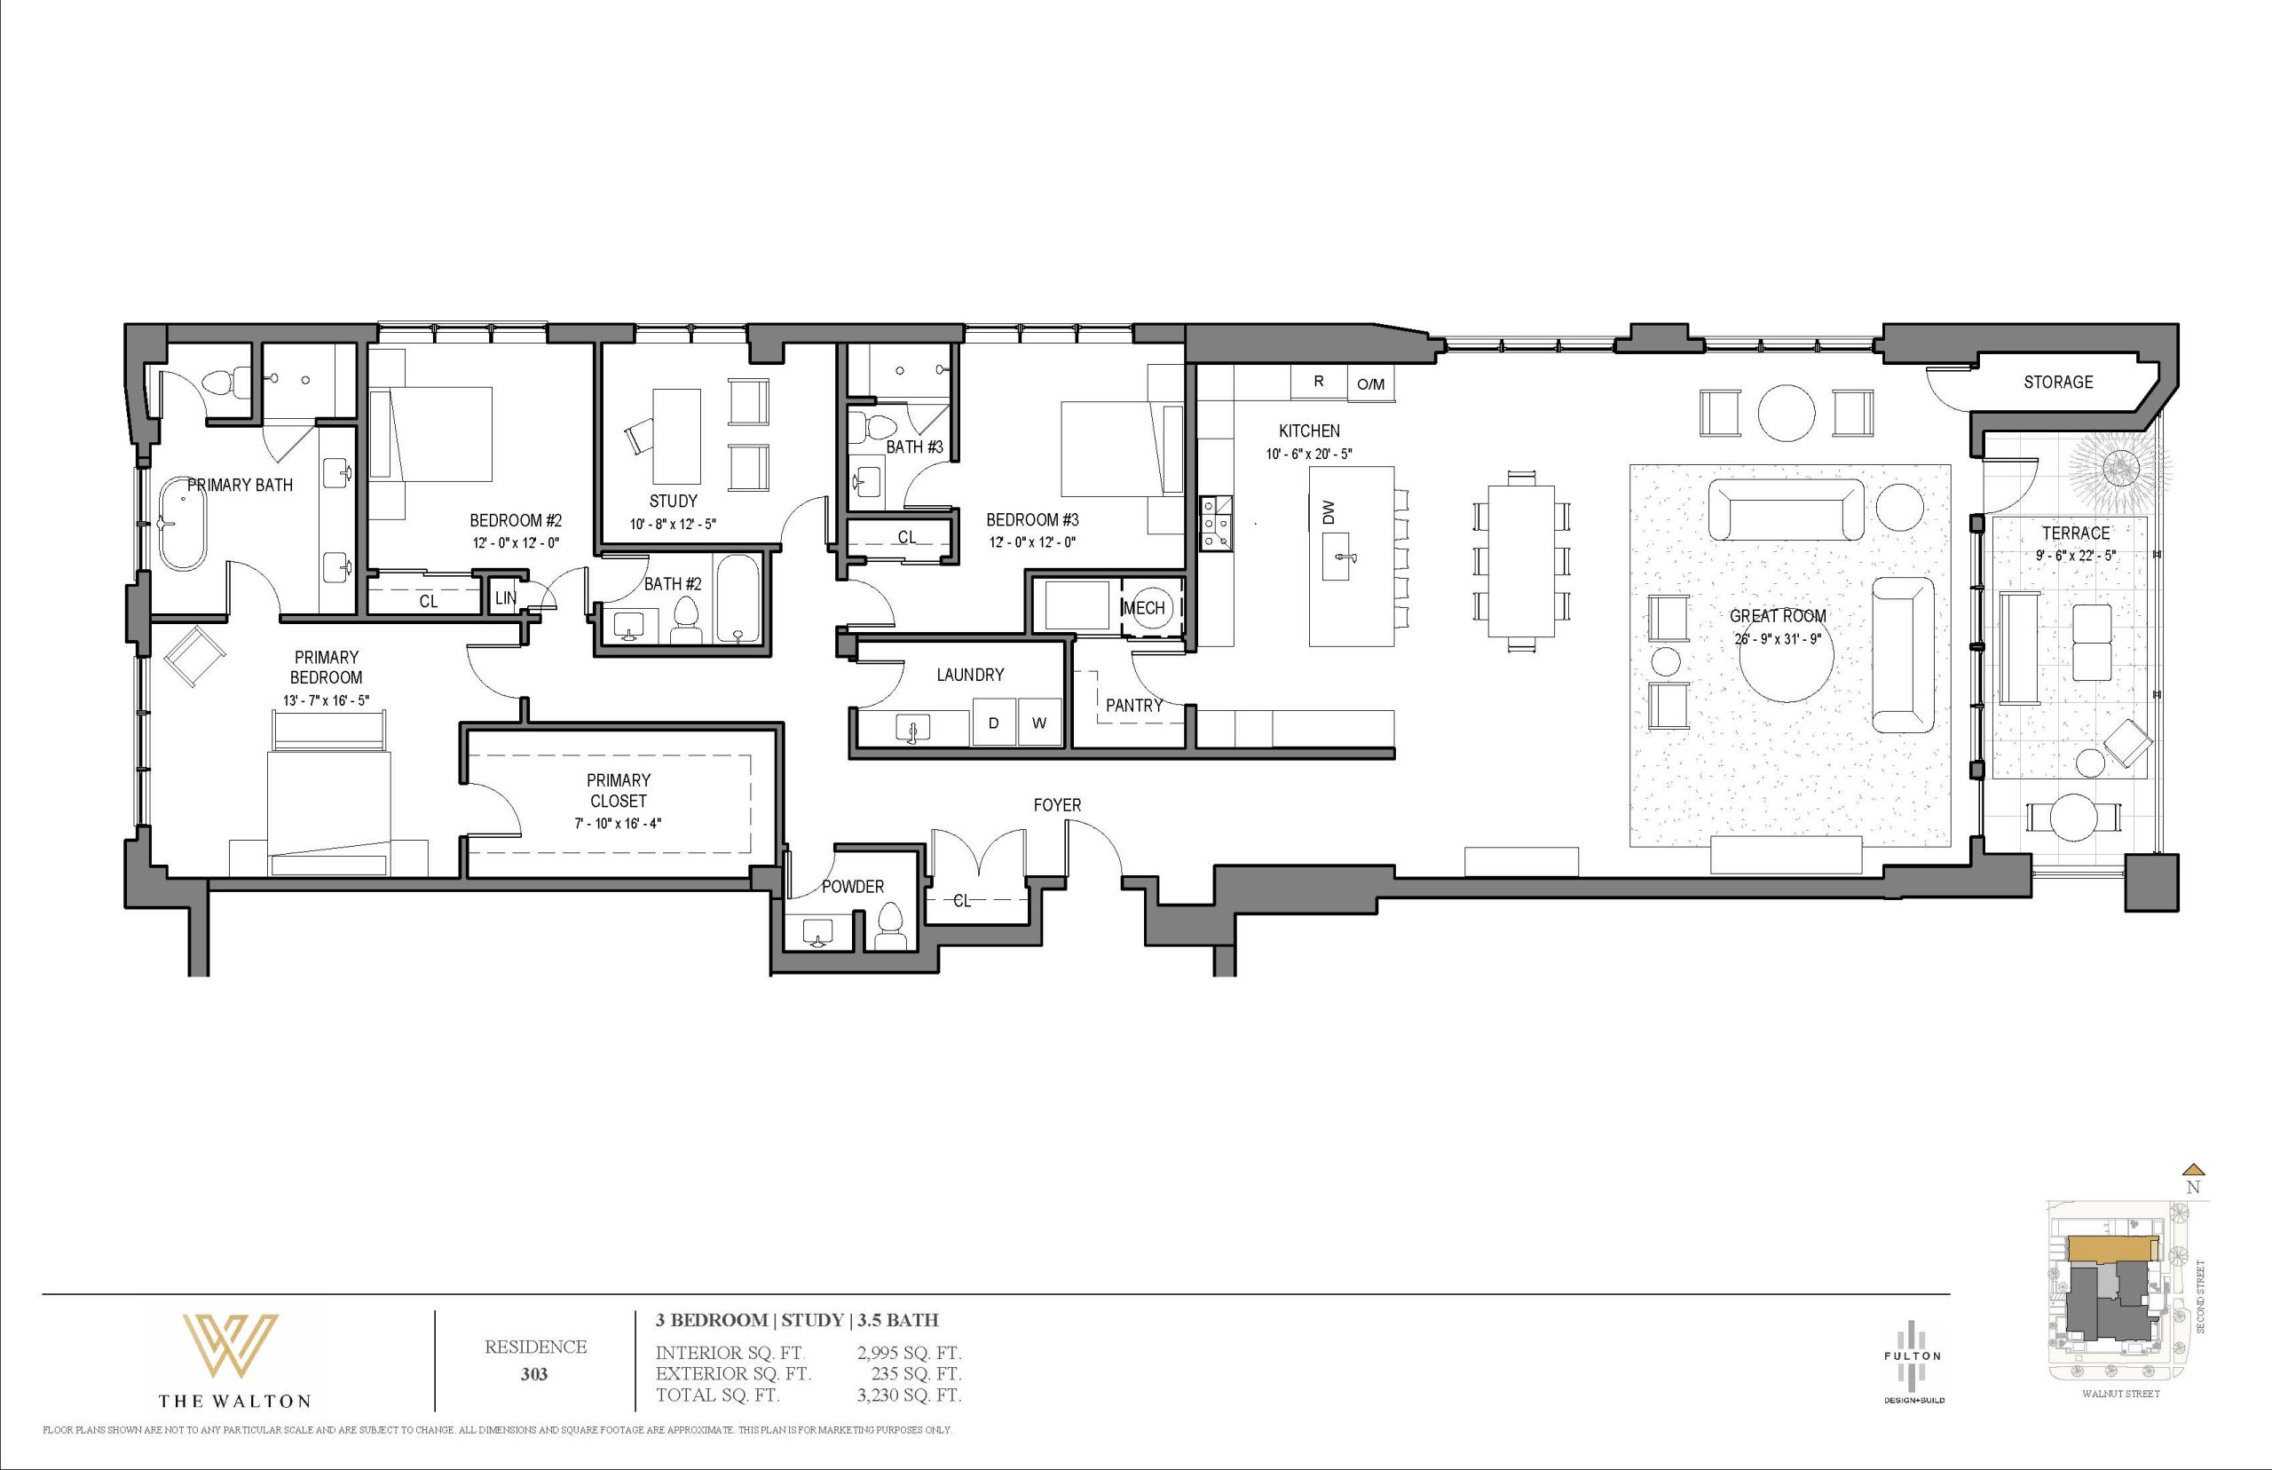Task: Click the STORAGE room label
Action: point(2058,382)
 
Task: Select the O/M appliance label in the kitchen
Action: point(1370,383)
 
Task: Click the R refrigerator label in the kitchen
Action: point(1319,381)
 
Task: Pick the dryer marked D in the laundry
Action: point(993,723)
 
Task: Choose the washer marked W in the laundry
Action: point(1039,723)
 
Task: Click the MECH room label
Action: point(1143,608)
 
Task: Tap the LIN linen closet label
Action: point(505,598)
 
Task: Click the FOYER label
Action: point(1057,806)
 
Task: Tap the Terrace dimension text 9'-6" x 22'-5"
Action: point(2076,555)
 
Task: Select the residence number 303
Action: point(534,1376)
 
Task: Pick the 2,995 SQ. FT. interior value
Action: point(910,1353)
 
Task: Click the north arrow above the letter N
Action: point(2194,1194)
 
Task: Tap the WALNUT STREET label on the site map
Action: point(2120,1420)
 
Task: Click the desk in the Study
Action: point(676,436)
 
